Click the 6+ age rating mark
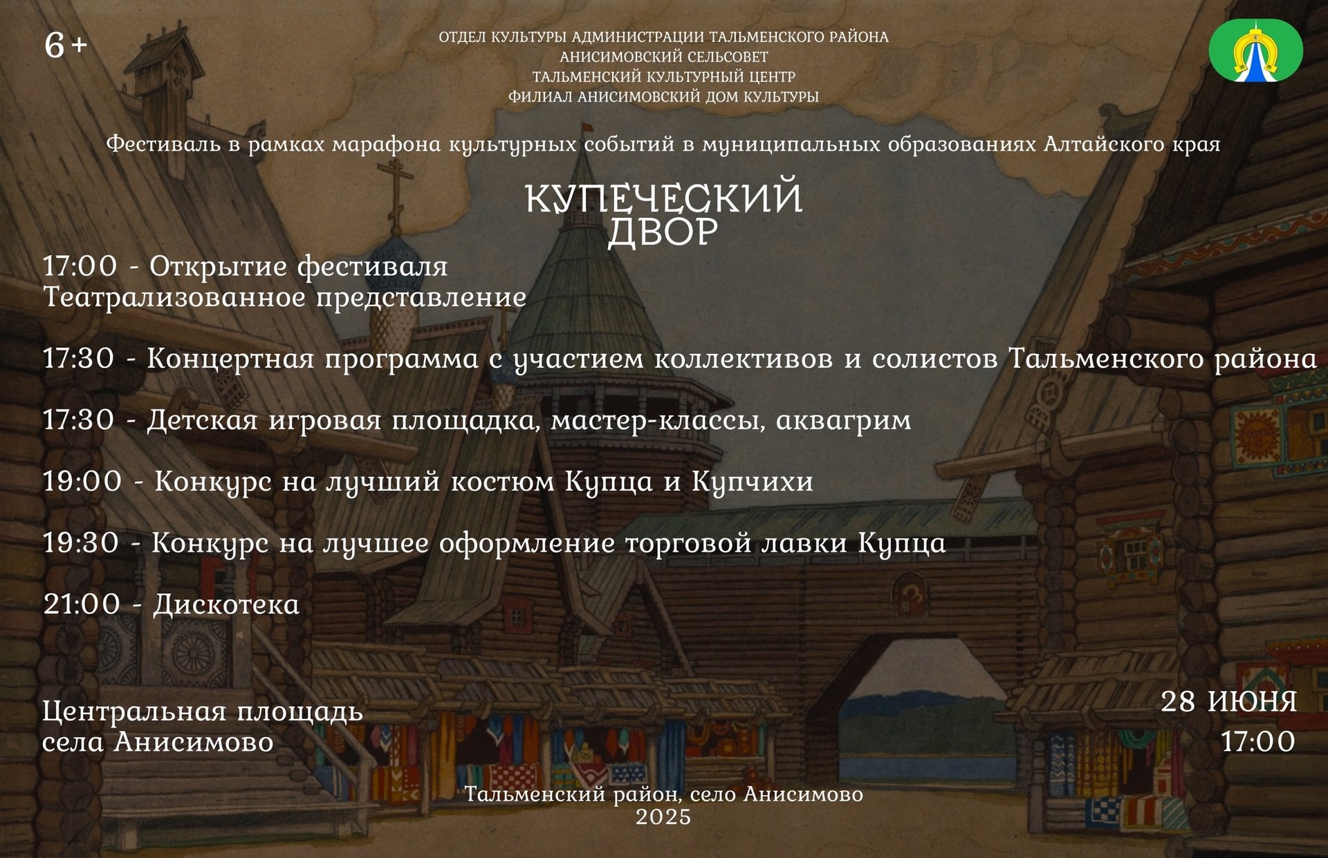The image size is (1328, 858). pos(66,46)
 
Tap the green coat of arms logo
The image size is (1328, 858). pos(1255,50)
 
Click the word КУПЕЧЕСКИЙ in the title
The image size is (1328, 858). pos(664,198)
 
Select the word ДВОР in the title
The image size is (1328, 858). pos(663,232)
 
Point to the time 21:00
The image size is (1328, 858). pos(82,604)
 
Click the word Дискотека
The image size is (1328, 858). pos(226,604)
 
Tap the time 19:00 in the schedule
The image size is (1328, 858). pos(82,481)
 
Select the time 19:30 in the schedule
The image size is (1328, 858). pos(81,543)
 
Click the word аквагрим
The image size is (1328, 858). pos(843,420)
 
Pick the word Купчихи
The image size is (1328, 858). pos(753,482)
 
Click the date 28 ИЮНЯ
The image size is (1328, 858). pos(1228,702)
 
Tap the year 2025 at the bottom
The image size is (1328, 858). pos(663,817)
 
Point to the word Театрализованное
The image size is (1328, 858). pos(174,297)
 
